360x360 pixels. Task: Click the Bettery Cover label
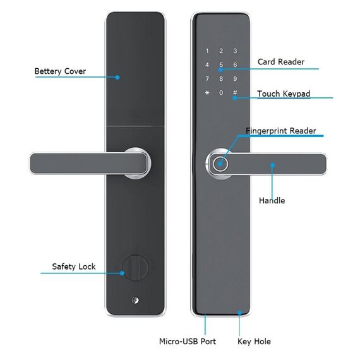(60, 71)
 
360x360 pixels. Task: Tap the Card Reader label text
(281, 62)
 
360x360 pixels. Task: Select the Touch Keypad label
(284, 94)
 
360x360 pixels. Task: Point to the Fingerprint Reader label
(281, 131)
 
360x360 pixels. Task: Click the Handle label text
(272, 200)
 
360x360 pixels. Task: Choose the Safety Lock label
(74, 267)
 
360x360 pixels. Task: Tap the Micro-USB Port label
(188, 342)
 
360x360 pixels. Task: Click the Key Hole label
(254, 342)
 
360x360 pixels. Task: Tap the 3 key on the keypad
(235, 51)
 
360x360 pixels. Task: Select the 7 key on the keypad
(207, 79)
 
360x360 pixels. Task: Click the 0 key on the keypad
(221, 92)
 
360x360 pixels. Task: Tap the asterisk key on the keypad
(207, 93)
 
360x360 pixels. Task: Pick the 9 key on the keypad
(235, 79)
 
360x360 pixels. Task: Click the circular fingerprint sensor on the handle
(220, 164)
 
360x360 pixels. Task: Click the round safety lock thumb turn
(135, 268)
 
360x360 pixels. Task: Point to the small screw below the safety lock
(135, 300)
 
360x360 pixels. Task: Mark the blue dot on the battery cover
(117, 78)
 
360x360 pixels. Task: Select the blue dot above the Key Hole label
(239, 313)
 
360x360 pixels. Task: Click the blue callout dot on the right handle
(272, 165)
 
